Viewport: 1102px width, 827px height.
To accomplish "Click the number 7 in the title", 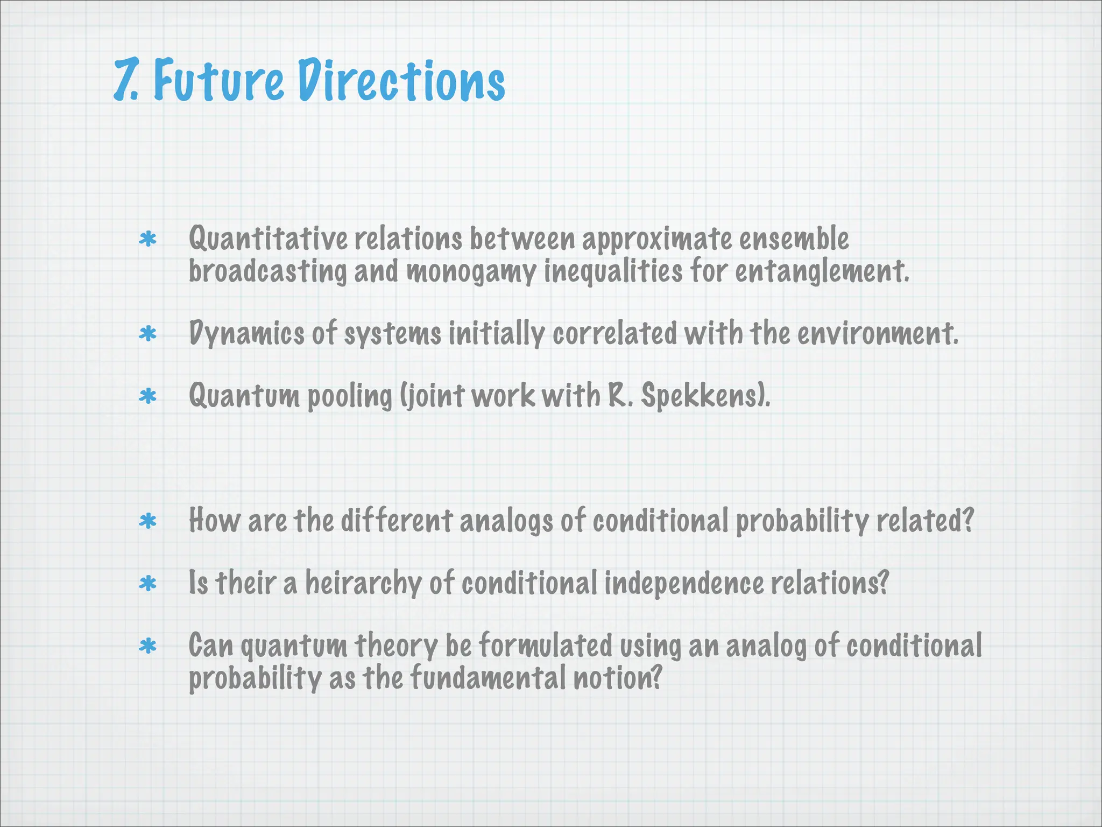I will [x=125, y=81].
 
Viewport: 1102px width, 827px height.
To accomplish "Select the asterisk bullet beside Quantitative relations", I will [x=147, y=240].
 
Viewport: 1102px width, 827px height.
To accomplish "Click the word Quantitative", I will [x=268, y=239].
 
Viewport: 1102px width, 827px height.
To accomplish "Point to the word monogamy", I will [x=471, y=271].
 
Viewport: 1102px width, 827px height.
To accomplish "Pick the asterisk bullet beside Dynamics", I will [x=147, y=334].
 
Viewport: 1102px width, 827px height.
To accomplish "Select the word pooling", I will [x=350, y=397].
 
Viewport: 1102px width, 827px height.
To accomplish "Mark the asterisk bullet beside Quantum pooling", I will [x=147, y=397].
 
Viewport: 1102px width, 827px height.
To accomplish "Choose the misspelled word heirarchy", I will [x=363, y=583].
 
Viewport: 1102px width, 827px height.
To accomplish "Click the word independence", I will [x=683, y=583].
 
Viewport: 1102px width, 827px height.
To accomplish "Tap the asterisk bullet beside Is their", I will [x=147, y=584].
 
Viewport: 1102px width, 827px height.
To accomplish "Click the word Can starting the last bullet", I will [x=211, y=646].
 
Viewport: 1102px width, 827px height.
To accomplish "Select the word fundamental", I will [x=488, y=678].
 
